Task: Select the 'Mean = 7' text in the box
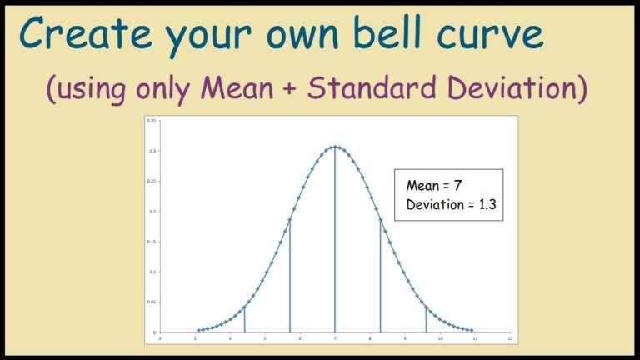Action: [x=433, y=186]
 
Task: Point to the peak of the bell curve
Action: [x=335, y=147]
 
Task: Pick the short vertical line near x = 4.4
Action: [x=244, y=319]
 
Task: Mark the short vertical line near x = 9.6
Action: [x=426, y=319]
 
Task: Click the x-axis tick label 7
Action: [x=335, y=338]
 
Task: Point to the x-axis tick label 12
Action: [x=509, y=338]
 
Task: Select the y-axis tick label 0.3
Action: [x=153, y=151]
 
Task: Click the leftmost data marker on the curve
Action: [x=197, y=331]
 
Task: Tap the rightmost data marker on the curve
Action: [x=472, y=331]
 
